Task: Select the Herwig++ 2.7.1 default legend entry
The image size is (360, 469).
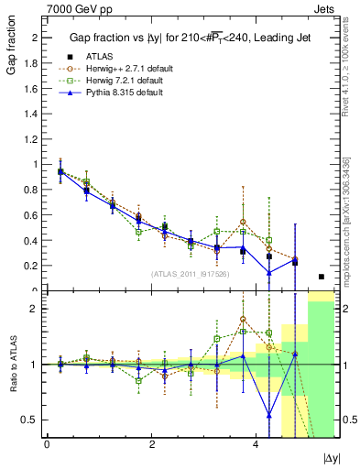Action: pos(125,68)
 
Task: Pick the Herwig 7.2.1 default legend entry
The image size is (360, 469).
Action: pos(123,81)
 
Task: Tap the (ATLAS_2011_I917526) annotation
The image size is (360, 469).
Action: pos(191,273)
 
